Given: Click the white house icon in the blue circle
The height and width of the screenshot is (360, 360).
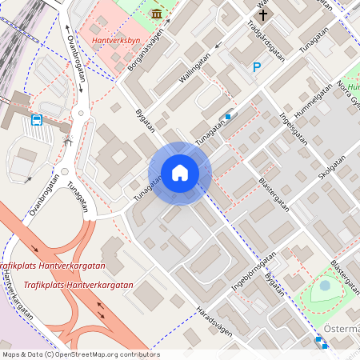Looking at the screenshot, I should click(x=179, y=173).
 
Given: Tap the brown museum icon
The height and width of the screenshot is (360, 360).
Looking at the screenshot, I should click(x=156, y=14).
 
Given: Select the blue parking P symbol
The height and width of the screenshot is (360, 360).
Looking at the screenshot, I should click(x=257, y=68).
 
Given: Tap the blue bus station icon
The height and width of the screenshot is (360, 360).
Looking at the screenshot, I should click(x=37, y=120).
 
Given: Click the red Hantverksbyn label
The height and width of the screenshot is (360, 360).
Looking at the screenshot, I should click(x=116, y=38).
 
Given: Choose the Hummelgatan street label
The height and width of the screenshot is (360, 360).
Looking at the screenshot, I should click(x=314, y=102).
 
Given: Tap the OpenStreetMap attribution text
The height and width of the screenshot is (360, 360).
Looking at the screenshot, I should click(x=80, y=354).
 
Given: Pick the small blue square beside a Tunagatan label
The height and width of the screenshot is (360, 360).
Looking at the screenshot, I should click(x=228, y=117).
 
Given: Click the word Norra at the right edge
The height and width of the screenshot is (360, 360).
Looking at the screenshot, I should click(x=349, y=86).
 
